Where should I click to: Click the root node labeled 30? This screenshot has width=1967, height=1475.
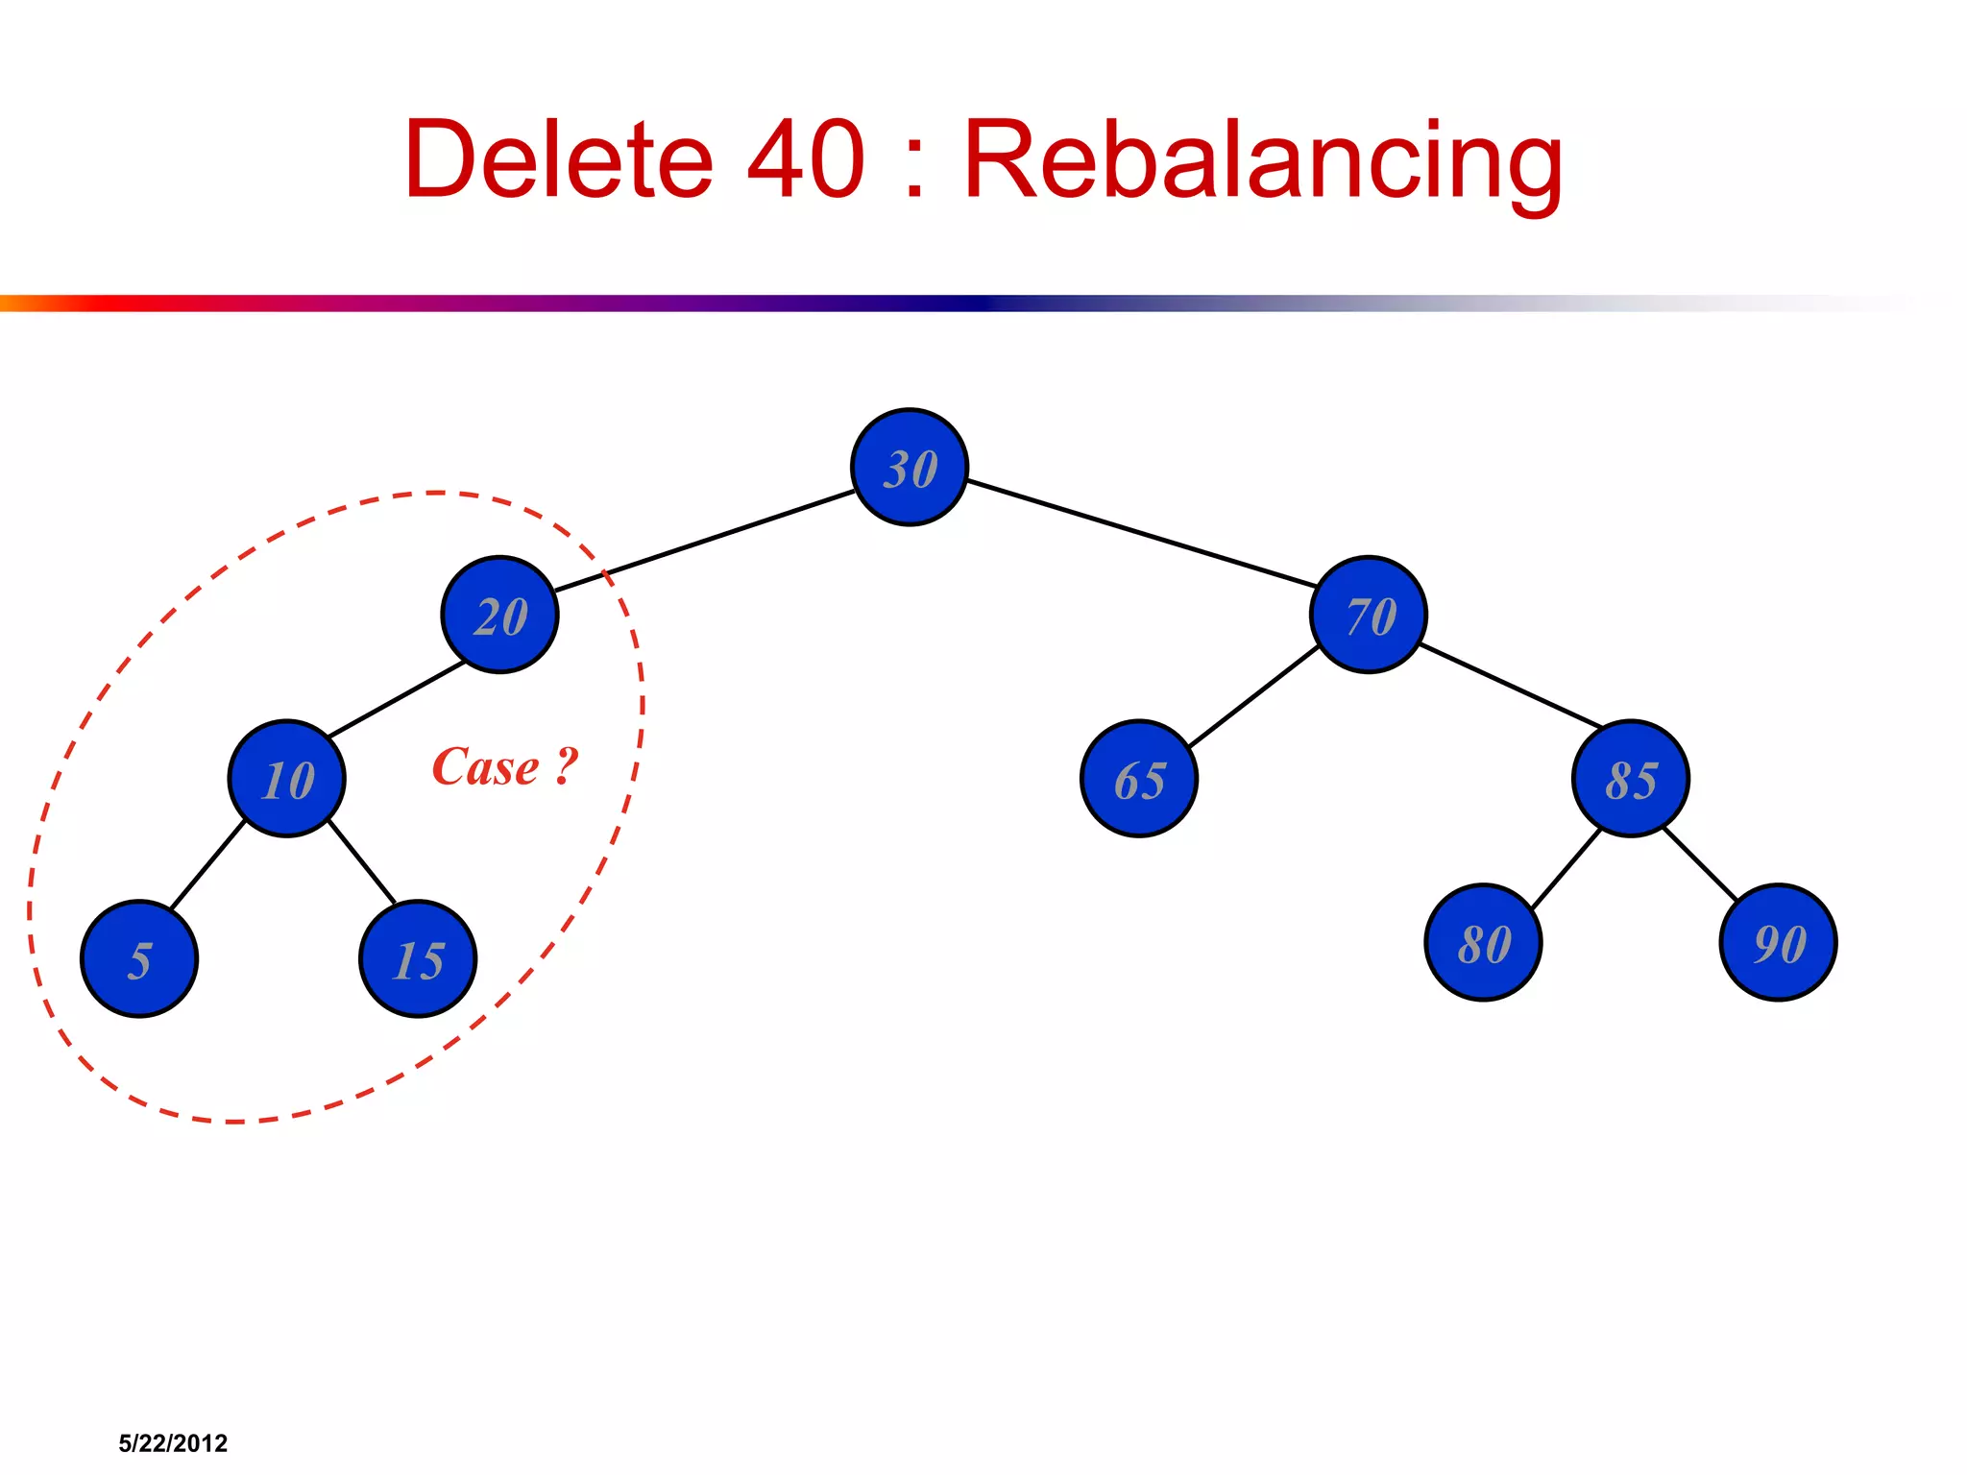click(910, 468)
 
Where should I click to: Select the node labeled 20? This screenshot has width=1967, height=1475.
click(499, 615)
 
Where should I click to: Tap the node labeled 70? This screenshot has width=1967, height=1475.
click(1369, 615)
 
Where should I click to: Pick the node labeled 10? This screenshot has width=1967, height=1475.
click(286, 779)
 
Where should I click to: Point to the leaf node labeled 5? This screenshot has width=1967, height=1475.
click(139, 958)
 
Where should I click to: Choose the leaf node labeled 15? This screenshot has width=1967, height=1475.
click(418, 958)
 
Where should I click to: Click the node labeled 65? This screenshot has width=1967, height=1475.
click(1139, 779)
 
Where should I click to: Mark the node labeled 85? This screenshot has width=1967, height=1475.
click(1631, 779)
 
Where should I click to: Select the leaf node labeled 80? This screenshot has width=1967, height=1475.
click(1483, 943)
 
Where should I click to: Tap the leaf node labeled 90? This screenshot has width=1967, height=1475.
click(1779, 943)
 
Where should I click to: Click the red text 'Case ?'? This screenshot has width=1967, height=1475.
click(505, 767)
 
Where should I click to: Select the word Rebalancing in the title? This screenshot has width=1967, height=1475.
click(1263, 160)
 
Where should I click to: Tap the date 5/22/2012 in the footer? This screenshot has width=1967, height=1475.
click(173, 1443)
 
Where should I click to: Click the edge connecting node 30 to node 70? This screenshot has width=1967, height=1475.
click(1141, 534)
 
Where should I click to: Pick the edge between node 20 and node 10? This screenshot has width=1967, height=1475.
click(396, 699)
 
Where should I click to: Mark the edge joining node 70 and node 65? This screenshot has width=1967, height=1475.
click(1253, 696)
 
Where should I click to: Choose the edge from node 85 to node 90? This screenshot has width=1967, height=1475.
click(1700, 863)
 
